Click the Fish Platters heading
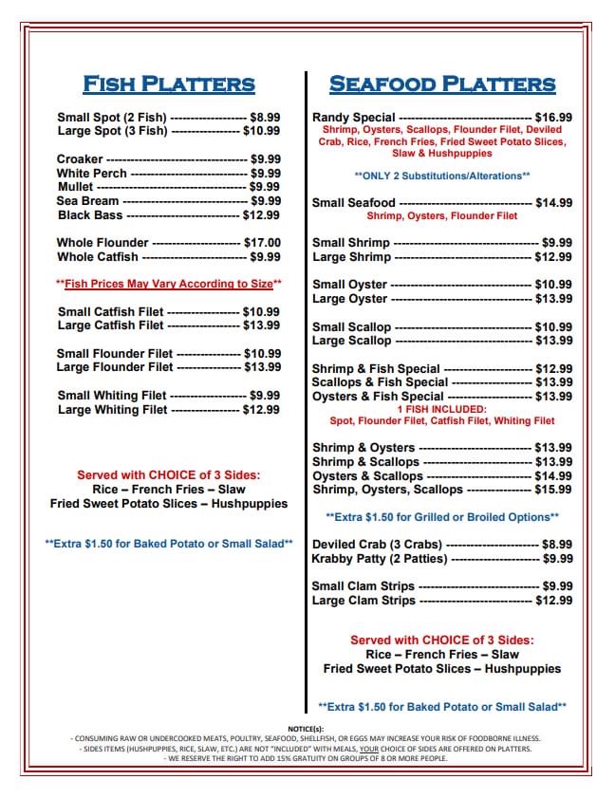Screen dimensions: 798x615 (x=169, y=84)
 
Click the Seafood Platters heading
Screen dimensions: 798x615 (x=441, y=84)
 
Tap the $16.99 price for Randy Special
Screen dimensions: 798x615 (x=553, y=119)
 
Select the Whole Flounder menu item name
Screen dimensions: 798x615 (x=102, y=243)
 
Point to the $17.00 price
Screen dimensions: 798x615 (x=263, y=243)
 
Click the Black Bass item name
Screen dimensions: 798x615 (x=90, y=215)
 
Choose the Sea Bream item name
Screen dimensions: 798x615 (x=87, y=201)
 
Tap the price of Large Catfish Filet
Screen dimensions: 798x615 (x=262, y=325)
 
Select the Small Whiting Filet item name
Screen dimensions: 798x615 (x=112, y=396)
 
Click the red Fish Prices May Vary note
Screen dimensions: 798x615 (x=169, y=284)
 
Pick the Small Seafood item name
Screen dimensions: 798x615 (x=354, y=203)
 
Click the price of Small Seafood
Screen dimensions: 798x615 (x=553, y=203)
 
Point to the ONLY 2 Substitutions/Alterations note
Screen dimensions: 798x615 (x=441, y=176)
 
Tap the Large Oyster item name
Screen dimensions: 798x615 (x=349, y=299)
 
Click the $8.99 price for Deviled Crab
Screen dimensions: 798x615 (x=556, y=545)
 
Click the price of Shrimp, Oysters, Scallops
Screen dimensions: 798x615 (x=553, y=490)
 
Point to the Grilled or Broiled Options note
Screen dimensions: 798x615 (x=441, y=517)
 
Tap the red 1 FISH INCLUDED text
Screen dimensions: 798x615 (x=441, y=409)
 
